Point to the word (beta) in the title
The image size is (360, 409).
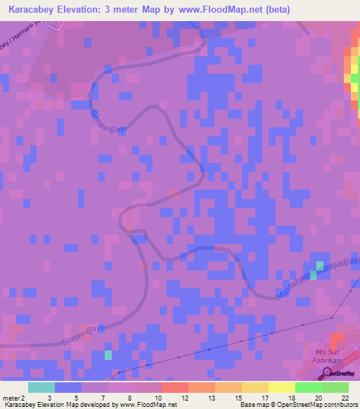(x=275, y=10)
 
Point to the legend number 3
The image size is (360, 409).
(x=49, y=398)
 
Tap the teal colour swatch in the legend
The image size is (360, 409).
(x=41, y=387)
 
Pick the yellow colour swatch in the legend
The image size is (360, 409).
(x=282, y=387)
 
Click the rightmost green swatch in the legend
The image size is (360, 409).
(x=335, y=387)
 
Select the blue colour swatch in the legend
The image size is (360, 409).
(x=68, y=387)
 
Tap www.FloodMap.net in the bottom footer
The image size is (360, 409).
(x=146, y=405)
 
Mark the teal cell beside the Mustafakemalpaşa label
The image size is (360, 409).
(x=313, y=274)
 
